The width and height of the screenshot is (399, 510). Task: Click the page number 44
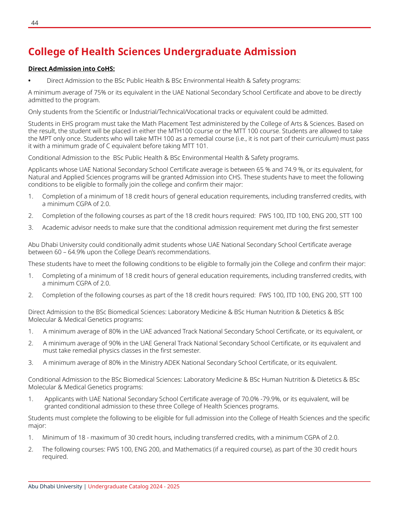[x=35, y=23]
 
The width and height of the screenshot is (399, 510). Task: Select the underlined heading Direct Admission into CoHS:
[x=71, y=69]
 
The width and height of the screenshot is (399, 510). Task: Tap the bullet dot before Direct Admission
[x=30, y=81]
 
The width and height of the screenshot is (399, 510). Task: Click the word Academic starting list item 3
[x=55, y=228]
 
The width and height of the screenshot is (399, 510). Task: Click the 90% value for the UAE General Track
[x=115, y=343]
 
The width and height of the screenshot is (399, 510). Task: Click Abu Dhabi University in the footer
[x=55, y=487]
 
